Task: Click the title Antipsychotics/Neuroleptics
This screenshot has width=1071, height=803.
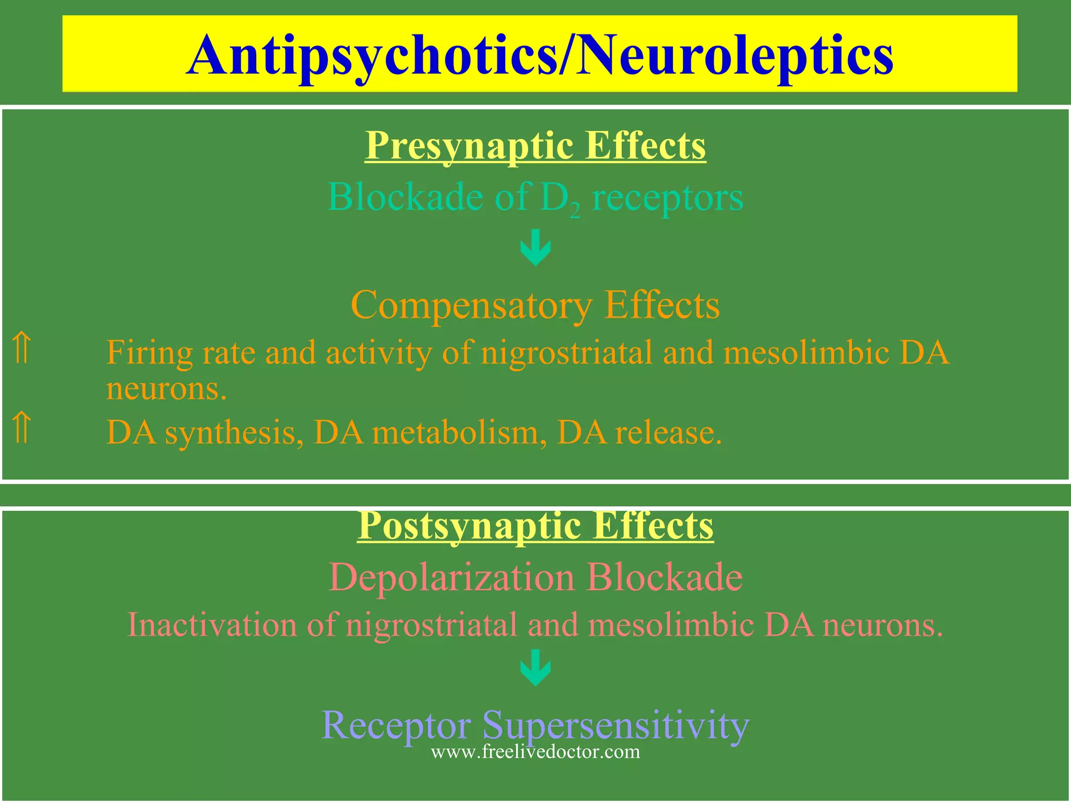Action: tap(540, 55)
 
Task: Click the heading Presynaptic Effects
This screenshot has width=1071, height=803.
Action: tap(535, 145)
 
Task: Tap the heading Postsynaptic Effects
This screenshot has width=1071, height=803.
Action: tap(535, 525)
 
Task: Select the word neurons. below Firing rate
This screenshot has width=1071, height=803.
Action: tap(166, 389)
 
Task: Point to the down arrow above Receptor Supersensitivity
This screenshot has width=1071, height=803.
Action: tap(535, 668)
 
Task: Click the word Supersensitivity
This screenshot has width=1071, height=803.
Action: tap(616, 726)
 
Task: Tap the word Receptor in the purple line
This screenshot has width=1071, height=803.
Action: tap(396, 726)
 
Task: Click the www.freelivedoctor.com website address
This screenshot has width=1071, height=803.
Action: tap(535, 752)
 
